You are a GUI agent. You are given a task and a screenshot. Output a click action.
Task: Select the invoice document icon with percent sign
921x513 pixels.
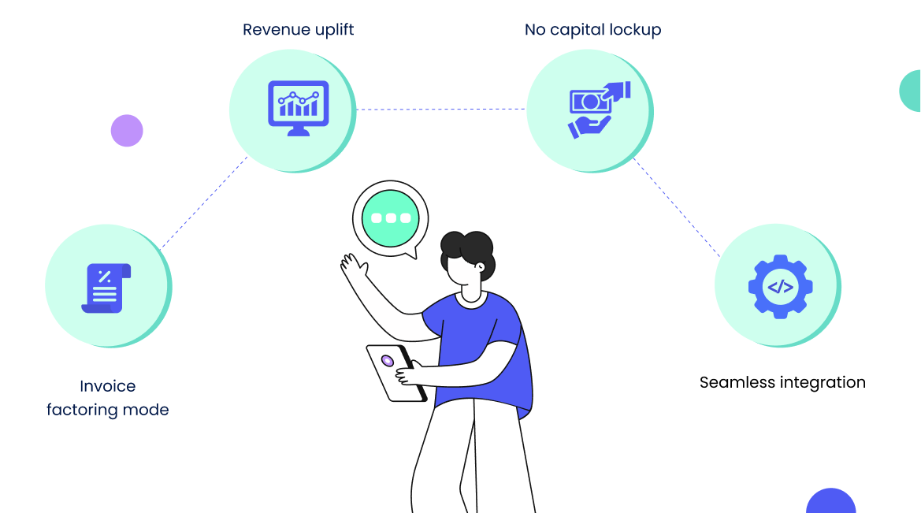point(106,288)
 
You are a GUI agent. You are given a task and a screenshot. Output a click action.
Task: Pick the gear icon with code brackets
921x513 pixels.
point(780,286)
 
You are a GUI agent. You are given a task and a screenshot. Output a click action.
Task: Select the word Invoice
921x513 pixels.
point(108,386)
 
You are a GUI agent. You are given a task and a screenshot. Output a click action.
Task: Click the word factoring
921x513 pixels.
point(83,410)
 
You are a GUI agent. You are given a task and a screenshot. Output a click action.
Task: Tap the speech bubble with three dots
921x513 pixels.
point(391,218)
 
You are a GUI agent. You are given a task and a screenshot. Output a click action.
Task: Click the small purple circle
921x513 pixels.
point(127,131)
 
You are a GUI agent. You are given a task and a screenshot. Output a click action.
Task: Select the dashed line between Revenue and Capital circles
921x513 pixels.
point(441,110)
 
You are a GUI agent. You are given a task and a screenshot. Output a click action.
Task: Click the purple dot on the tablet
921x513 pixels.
point(388,361)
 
